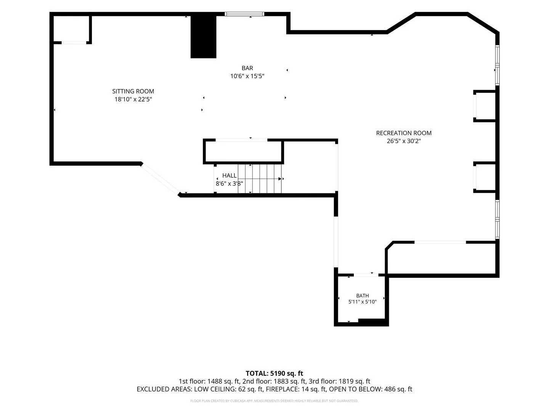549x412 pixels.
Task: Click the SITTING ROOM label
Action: click(x=133, y=91)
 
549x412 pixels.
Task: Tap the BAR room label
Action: click(x=247, y=68)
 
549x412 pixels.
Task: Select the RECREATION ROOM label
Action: click(x=404, y=133)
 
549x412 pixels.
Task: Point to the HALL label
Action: click(x=229, y=175)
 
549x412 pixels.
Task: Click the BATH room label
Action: click(x=363, y=296)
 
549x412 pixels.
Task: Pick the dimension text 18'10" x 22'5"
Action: click(x=133, y=99)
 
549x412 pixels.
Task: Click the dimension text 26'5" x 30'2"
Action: click(x=404, y=141)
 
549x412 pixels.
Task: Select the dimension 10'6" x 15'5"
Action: click(x=247, y=76)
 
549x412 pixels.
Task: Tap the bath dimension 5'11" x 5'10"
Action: click(x=363, y=302)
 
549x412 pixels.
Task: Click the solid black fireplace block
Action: click(x=203, y=37)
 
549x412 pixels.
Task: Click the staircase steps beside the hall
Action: click(x=260, y=179)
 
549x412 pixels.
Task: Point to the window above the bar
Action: click(x=244, y=14)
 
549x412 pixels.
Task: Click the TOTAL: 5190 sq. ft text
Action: click(x=274, y=373)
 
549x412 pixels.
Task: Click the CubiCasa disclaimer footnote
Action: click(x=274, y=401)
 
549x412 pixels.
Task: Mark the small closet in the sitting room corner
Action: click(x=71, y=29)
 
